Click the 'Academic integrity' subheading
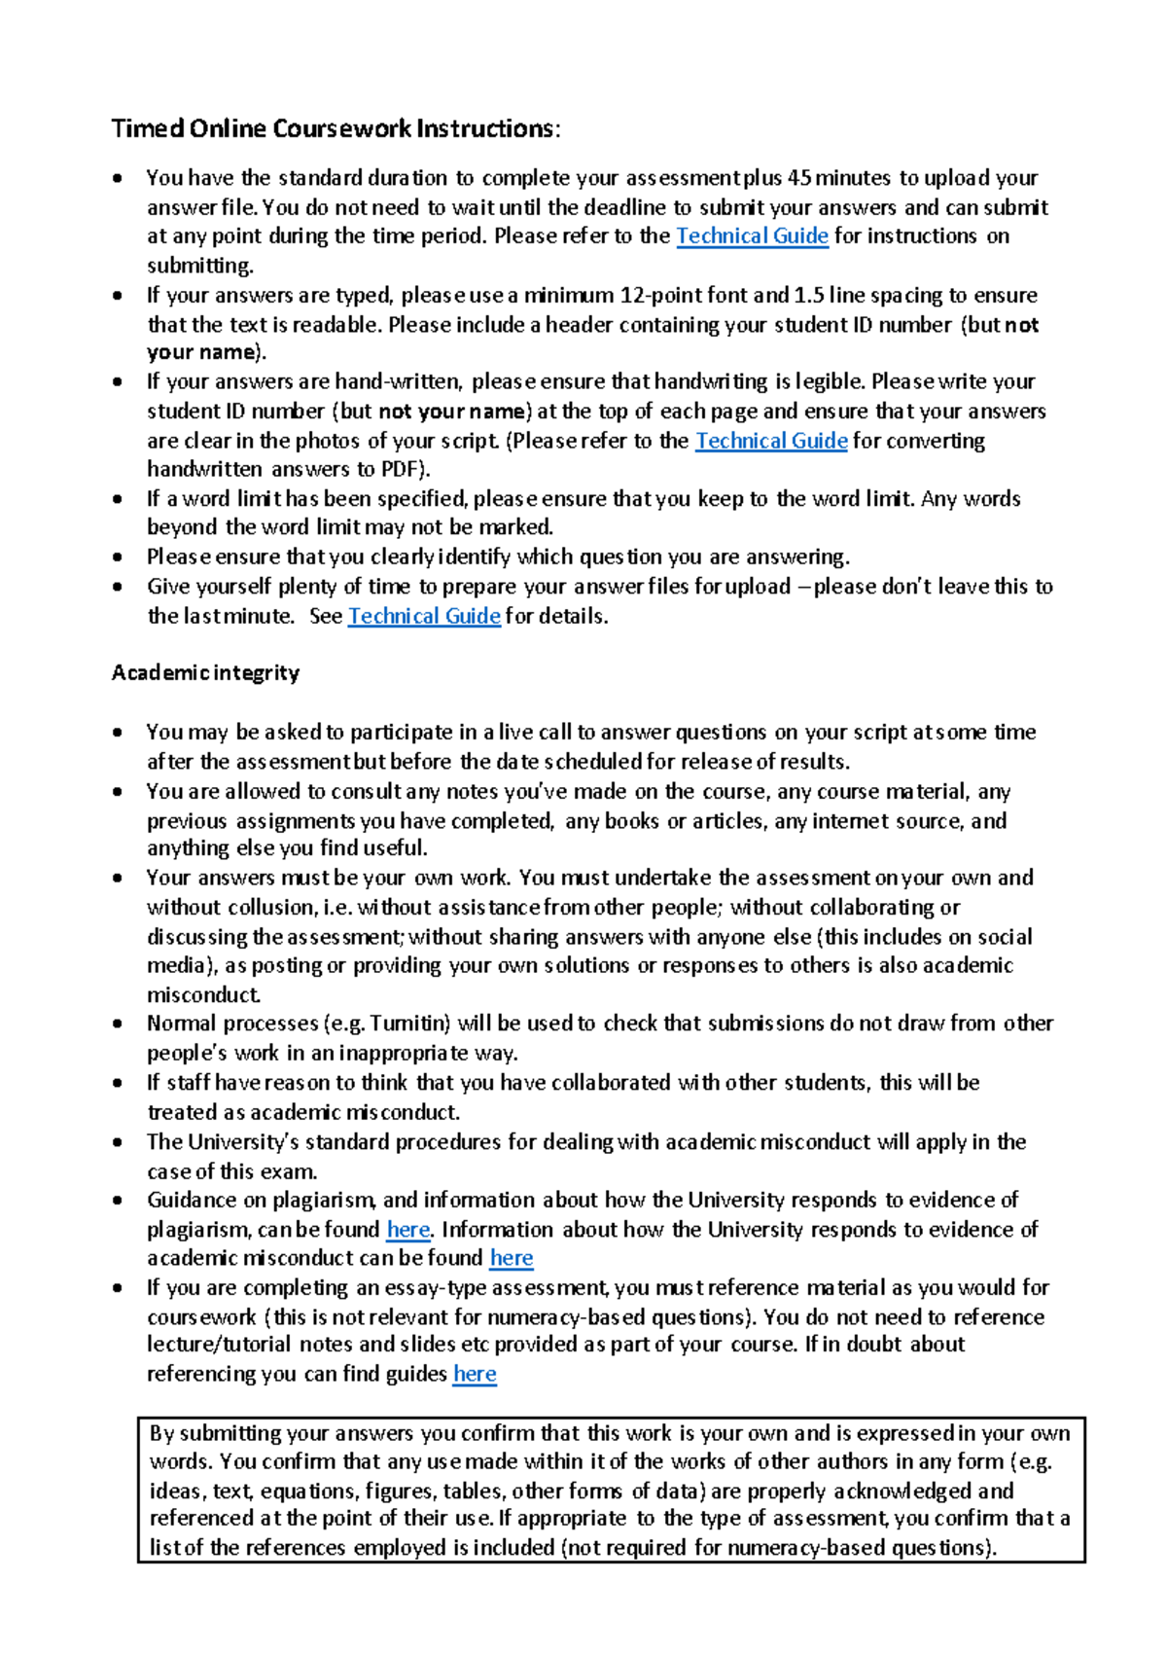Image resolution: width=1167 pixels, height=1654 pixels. (205, 672)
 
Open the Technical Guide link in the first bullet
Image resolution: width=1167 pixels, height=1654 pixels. (752, 235)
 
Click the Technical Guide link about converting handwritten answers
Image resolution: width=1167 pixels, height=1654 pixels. (771, 441)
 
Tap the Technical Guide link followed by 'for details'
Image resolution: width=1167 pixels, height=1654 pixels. (424, 616)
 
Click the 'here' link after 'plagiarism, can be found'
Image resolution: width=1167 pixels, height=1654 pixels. (407, 1229)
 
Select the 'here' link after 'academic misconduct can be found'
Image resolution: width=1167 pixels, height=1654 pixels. (512, 1257)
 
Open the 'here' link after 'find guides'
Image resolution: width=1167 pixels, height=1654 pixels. (475, 1374)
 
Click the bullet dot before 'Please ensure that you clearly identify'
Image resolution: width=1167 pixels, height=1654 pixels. (118, 557)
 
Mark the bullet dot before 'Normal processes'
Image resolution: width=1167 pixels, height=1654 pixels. (118, 1024)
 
